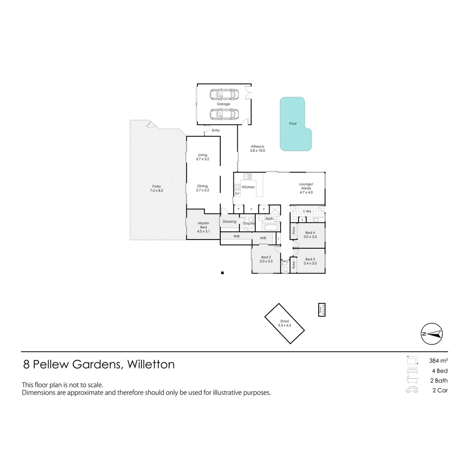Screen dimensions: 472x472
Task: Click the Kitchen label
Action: pyautogui.click(x=248, y=187)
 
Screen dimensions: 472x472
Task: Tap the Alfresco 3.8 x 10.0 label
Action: pyautogui.click(x=257, y=149)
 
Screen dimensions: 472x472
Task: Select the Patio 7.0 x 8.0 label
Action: pyautogui.click(x=156, y=188)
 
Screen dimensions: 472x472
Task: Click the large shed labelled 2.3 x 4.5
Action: pyautogui.click(x=285, y=323)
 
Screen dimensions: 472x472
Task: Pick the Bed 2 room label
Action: pyautogui.click(x=266, y=259)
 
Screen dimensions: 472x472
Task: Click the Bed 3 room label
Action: pyautogui.click(x=310, y=261)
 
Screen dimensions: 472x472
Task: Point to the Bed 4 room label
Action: pyautogui.click(x=310, y=234)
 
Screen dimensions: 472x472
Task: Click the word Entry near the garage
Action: pyautogui.click(x=215, y=130)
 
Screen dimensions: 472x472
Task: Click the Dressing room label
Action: pyautogui.click(x=229, y=222)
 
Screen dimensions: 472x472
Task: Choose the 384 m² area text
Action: pyautogui.click(x=438, y=361)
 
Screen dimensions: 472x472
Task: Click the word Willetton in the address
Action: pyautogui.click(x=150, y=364)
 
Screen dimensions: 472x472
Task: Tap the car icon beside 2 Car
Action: pyautogui.click(x=412, y=390)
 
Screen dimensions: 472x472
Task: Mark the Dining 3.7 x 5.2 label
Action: pyautogui.click(x=202, y=188)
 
